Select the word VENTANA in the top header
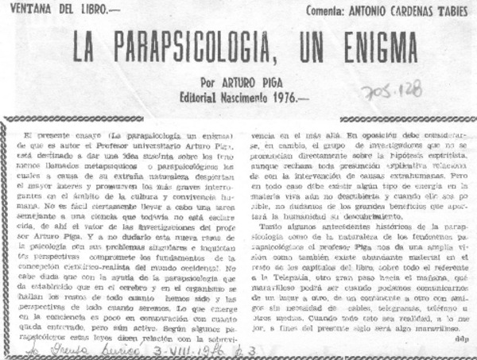point(30,9)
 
